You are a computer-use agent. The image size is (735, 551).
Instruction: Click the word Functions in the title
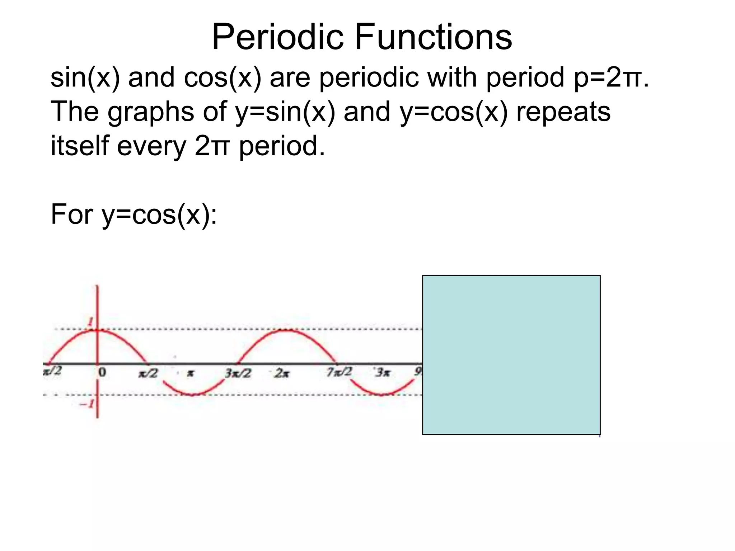point(434,37)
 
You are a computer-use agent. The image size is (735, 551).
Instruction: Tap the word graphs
point(151,112)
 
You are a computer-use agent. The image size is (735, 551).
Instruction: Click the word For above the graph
point(72,214)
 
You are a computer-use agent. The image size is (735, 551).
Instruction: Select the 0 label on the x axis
point(102,373)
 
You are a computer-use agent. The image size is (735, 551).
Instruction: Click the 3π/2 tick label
point(238,373)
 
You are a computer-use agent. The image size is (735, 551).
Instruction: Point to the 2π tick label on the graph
point(282,373)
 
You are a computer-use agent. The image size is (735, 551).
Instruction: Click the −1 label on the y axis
point(86,404)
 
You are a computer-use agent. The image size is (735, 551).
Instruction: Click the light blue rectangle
point(511,355)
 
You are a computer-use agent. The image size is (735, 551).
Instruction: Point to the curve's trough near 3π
point(381,395)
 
